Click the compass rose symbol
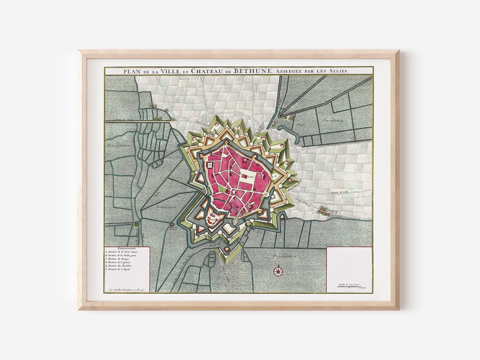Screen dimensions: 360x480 point(278,271)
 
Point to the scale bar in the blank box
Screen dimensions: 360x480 point(349,286)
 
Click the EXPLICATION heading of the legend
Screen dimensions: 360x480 point(127,249)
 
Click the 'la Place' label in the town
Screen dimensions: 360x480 point(251,177)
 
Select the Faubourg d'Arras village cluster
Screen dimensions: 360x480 point(324,209)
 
